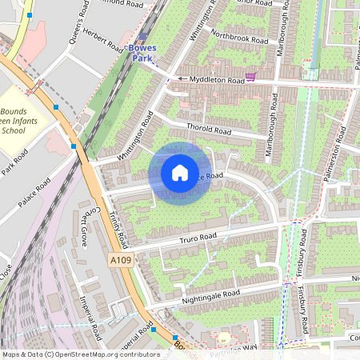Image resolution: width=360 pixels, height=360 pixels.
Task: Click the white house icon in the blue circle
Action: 180,173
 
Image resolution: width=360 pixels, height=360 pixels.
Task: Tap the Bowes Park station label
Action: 145,53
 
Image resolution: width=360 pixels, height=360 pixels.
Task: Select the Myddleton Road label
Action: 213,79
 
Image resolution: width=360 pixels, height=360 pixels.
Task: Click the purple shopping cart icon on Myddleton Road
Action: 251,77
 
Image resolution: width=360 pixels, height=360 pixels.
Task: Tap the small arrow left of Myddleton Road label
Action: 182,79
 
